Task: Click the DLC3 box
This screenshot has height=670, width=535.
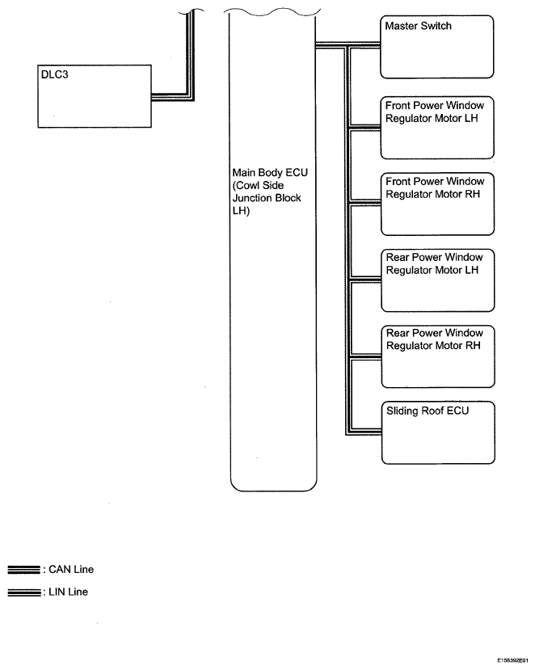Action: click(x=95, y=96)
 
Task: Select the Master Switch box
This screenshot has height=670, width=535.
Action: click(x=436, y=47)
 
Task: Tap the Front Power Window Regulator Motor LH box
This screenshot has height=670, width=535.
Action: click(x=437, y=128)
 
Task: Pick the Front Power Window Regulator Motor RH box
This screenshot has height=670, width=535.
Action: click(x=437, y=204)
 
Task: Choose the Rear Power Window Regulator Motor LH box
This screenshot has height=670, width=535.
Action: click(x=437, y=280)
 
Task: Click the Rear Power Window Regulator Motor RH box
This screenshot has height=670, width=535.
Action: click(x=438, y=356)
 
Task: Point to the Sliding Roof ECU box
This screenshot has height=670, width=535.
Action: click(x=438, y=432)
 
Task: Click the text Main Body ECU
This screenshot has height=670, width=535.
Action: click(x=270, y=173)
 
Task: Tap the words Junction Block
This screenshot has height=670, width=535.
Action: click(x=267, y=198)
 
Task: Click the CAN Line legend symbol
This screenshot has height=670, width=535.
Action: click(x=24, y=570)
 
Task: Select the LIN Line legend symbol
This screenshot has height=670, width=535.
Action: click(x=24, y=592)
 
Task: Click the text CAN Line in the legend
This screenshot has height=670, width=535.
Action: click(x=71, y=569)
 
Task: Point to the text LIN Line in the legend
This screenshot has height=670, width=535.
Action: click(x=69, y=592)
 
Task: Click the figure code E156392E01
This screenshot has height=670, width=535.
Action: click(x=512, y=660)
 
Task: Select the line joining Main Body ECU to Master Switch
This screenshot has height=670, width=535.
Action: click(x=348, y=44)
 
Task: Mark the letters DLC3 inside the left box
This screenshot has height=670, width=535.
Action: click(x=54, y=75)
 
